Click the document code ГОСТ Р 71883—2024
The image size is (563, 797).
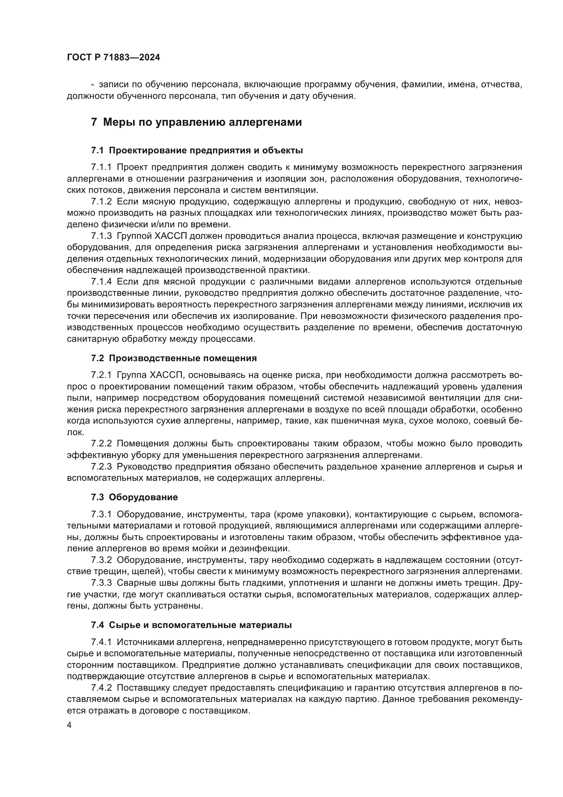click(x=113, y=58)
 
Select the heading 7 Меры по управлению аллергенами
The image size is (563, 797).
click(x=196, y=122)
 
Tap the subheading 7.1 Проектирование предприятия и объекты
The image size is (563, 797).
click(x=197, y=150)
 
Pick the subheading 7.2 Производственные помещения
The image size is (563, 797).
click(x=174, y=358)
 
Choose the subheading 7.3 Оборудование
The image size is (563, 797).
click(x=134, y=497)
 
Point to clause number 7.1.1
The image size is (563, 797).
click(x=101, y=167)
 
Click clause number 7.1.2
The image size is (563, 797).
click(x=101, y=202)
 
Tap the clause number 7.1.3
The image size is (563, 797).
click(x=101, y=236)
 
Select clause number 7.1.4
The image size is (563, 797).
click(x=101, y=281)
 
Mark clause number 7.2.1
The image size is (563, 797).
click(x=101, y=375)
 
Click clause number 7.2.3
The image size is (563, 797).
click(x=101, y=466)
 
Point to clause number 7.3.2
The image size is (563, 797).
click(x=101, y=560)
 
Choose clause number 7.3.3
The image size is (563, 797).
click(x=101, y=583)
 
